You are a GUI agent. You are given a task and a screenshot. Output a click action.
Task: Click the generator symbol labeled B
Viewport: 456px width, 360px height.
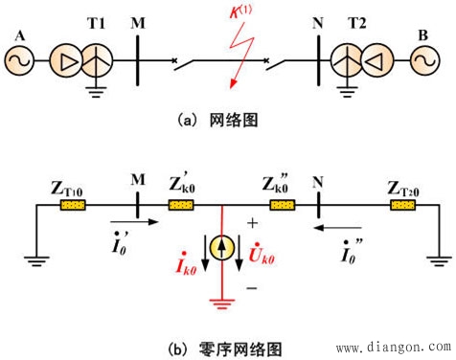422,63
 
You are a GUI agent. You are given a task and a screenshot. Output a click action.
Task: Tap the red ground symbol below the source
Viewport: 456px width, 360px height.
222,304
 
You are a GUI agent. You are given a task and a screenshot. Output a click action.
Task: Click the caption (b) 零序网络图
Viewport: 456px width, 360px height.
219,346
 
